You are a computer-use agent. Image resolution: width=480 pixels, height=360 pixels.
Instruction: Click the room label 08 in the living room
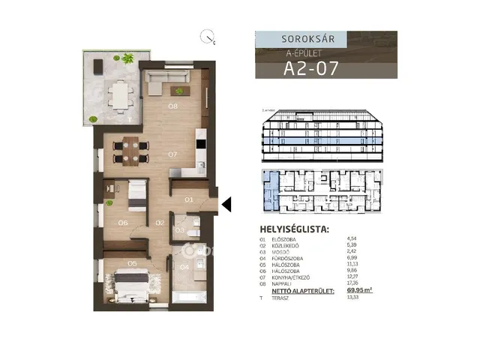172,106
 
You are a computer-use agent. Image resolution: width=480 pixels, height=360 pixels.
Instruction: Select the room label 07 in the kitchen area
172,154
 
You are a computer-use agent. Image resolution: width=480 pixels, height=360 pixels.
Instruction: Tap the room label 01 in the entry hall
189,199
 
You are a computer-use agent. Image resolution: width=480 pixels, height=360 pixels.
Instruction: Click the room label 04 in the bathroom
184,266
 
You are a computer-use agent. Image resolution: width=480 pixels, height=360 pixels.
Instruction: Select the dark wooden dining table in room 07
129,151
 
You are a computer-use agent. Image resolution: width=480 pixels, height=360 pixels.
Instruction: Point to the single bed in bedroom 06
137,195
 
